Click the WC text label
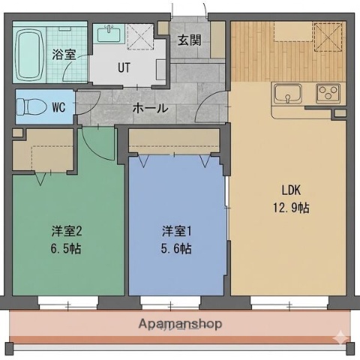pos(58,106)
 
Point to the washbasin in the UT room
pos(111,34)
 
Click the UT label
pos(124,66)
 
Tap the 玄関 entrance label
pos(188,40)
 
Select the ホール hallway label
pos(150,108)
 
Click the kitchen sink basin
pos(288,94)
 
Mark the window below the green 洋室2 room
pos(67,302)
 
